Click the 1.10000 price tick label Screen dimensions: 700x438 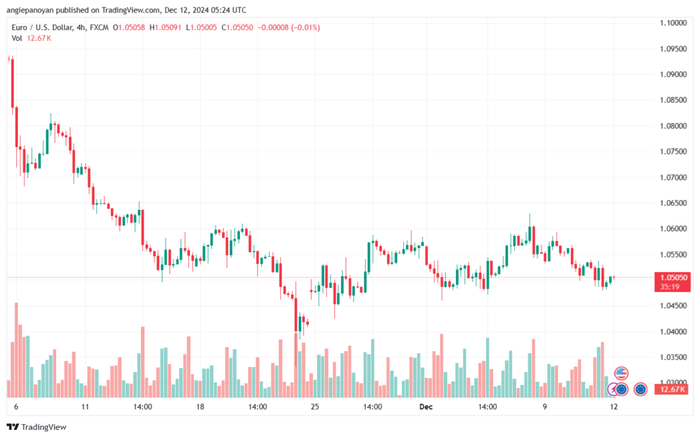673,23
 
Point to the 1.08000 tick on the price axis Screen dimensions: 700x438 673,126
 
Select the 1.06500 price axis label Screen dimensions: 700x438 673,203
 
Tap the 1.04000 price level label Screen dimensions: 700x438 673,331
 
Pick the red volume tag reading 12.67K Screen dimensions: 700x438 673,389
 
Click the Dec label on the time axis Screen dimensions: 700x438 426,407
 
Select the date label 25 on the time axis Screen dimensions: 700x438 315,407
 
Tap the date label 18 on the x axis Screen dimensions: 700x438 200,407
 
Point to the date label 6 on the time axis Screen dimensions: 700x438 16,407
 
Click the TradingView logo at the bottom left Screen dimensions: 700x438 37,427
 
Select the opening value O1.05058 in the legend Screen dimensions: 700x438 129,27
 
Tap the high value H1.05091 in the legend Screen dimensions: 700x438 165,27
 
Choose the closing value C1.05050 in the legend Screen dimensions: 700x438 237,27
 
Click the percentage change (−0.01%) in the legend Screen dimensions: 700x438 306,27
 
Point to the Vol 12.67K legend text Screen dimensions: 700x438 31,38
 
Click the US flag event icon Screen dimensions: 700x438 621,373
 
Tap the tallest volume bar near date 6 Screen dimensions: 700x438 16,350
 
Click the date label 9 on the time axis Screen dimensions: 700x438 545,407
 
